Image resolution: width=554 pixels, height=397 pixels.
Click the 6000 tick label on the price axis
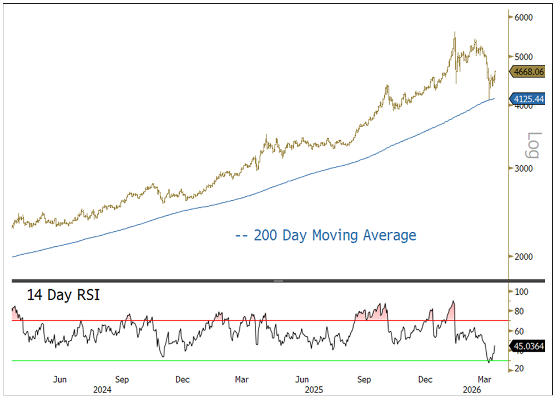[x=523, y=17]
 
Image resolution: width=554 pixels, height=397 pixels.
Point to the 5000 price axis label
[x=523, y=56]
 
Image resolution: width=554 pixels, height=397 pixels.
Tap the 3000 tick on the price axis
[x=523, y=168]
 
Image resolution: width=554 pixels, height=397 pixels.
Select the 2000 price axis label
[x=523, y=256]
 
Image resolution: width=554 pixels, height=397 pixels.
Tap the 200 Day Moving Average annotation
[x=326, y=235]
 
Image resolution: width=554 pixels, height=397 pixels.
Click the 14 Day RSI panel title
[x=56, y=295]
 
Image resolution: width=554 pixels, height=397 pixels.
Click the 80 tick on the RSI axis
[x=522, y=311]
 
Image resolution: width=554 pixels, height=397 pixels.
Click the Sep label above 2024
[x=123, y=380]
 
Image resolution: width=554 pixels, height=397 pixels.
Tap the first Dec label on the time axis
[x=182, y=380]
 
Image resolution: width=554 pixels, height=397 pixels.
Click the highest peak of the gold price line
[x=455, y=32]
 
